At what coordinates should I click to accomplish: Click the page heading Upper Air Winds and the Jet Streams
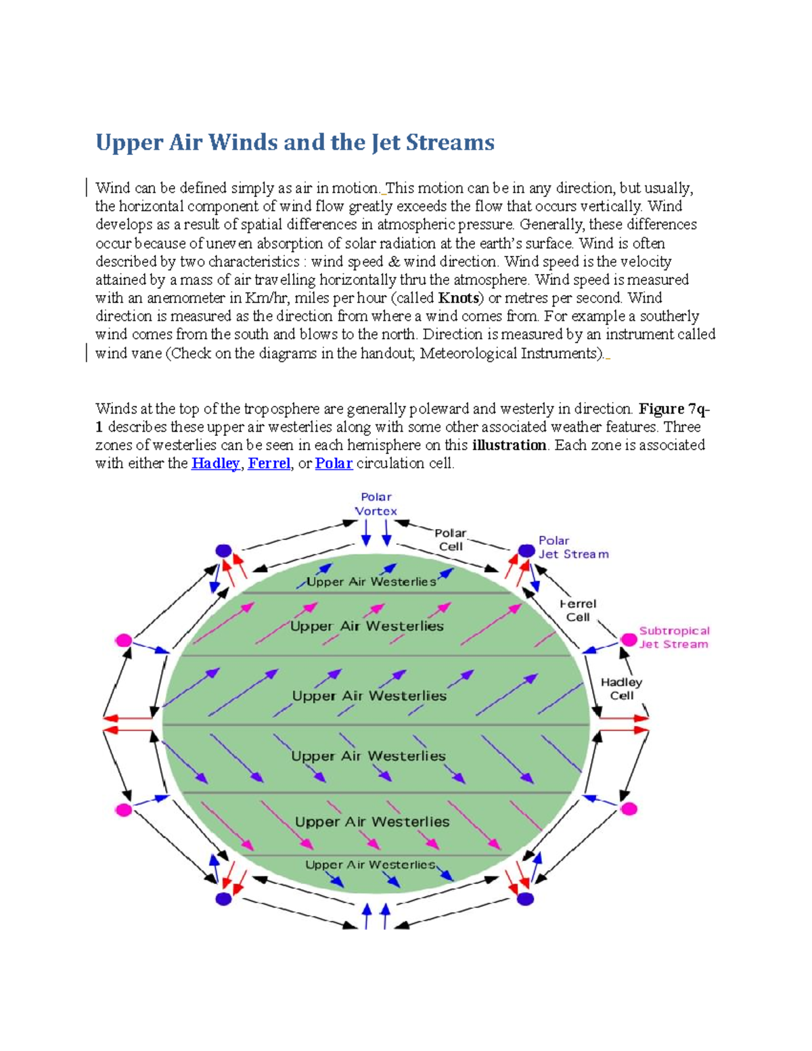[x=295, y=142]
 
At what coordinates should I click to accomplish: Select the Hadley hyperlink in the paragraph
[x=215, y=464]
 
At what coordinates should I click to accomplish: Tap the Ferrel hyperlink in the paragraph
[x=269, y=464]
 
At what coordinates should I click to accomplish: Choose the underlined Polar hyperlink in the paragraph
[x=334, y=464]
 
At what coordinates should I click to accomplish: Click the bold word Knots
[x=459, y=298]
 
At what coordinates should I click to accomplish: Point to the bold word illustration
[x=509, y=445]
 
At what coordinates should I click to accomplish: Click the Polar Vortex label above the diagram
[x=376, y=504]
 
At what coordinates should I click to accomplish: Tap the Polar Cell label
[x=451, y=540]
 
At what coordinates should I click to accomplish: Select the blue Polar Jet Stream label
[x=573, y=547]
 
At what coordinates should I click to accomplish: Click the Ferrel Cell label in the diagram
[x=578, y=610]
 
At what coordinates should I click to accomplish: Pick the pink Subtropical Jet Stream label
[x=674, y=638]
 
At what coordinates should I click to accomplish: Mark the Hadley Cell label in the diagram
[x=621, y=689]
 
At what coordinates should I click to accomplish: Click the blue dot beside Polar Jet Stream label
[x=526, y=551]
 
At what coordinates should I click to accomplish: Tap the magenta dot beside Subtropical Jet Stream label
[x=629, y=640]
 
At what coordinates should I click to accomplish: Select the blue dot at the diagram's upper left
[x=223, y=551]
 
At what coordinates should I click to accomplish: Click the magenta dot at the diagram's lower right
[x=629, y=809]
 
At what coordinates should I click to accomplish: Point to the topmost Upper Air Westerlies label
[x=371, y=582]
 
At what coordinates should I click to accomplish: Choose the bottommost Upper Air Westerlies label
[x=370, y=865]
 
